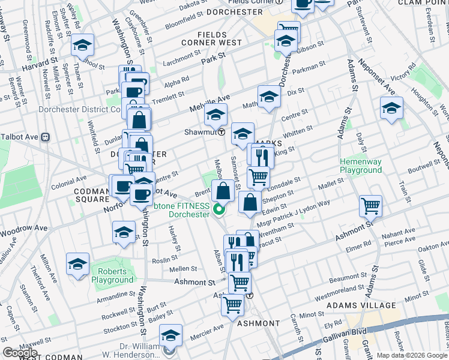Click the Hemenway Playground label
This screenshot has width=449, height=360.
pyautogui.click(x=360, y=166)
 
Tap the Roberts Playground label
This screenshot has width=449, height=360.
pyautogui.click(x=112, y=276)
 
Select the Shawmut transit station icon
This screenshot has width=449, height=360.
pyautogui.click(x=221, y=132)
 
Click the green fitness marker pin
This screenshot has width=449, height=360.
pyautogui.click(x=219, y=210)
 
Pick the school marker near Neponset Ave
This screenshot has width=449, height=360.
pyautogui.click(x=391, y=109)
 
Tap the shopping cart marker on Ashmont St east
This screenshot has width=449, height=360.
pyautogui.click(x=371, y=206)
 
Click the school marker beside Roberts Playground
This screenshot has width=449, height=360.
pyautogui.click(x=77, y=264)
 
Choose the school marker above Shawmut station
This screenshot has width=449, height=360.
pyautogui.click(x=215, y=114)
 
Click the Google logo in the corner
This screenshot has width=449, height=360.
pyautogui.click(x=20, y=353)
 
